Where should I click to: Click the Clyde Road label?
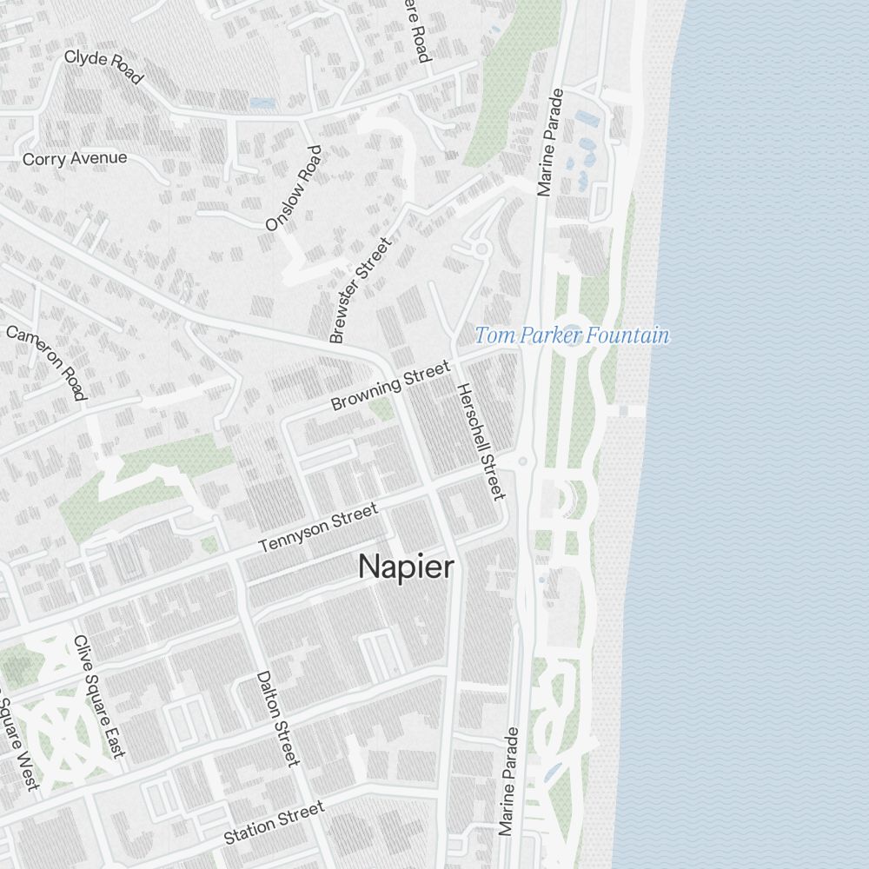103,67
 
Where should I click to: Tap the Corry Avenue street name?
75,159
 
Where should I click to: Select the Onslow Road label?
294,189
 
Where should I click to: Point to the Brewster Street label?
361,289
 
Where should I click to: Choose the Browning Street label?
391,386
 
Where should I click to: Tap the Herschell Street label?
480,441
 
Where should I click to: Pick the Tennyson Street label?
319,527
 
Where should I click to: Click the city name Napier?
406,567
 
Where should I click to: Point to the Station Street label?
274,823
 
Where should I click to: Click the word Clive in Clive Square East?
82,653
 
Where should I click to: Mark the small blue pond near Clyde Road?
261,103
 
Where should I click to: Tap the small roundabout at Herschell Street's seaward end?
522,461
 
